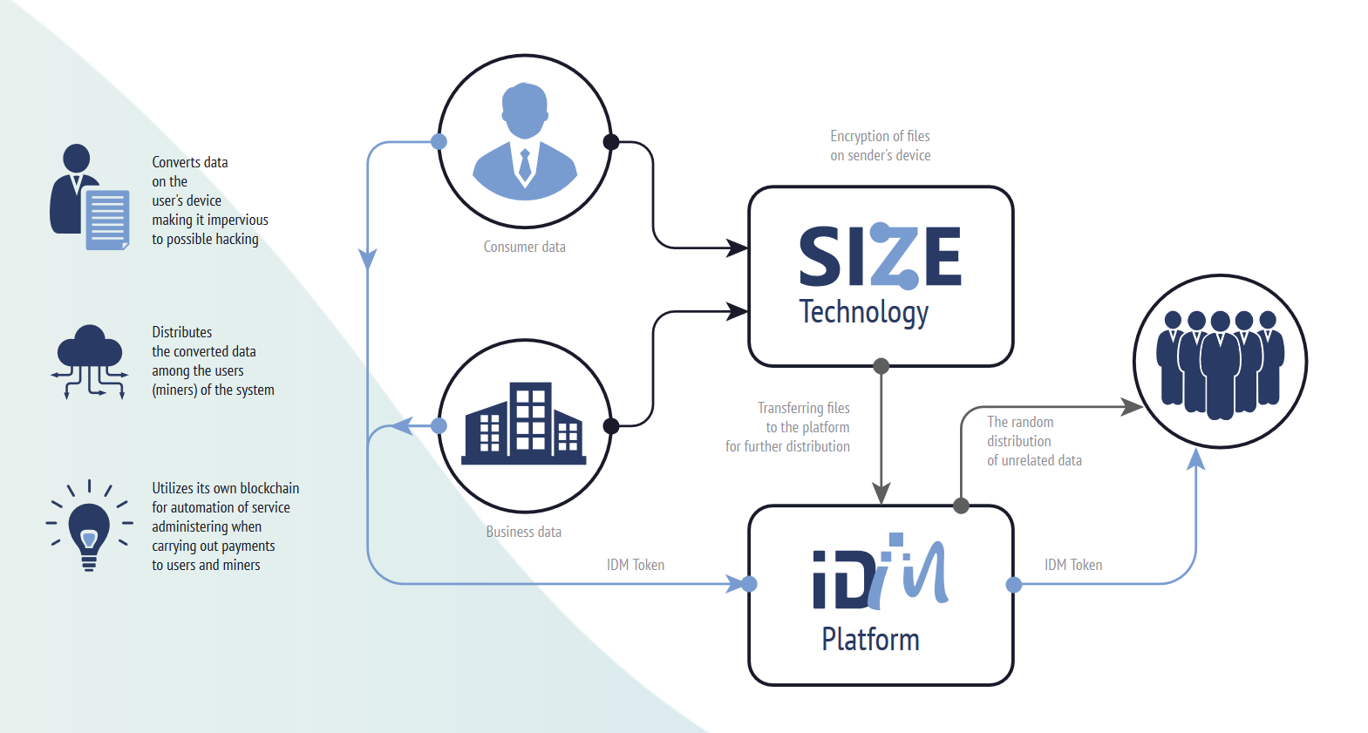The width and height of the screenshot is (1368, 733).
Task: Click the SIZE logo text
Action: pyautogui.click(x=880, y=255)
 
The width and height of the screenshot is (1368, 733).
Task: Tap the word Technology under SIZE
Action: pyautogui.click(x=863, y=313)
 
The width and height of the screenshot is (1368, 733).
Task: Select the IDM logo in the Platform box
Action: pyautogui.click(x=880, y=571)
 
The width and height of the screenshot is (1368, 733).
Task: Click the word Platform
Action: pyautogui.click(x=870, y=639)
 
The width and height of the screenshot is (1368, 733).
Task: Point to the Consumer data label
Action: pyautogui.click(x=525, y=247)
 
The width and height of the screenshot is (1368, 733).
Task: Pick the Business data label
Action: pyautogui.click(x=523, y=532)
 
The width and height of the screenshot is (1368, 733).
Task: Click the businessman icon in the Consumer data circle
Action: pyautogui.click(x=525, y=141)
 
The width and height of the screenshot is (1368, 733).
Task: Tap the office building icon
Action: pyautogui.click(x=523, y=424)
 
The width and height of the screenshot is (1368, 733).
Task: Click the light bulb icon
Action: pyautogui.click(x=89, y=526)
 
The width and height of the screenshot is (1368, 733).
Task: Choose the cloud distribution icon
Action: pyautogui.click(x=89, y=362)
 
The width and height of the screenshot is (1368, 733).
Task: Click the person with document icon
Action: pyautogui.click(x=89, y=197)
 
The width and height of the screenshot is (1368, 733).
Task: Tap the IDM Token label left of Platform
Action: pyautogui.click(x=635, y=565)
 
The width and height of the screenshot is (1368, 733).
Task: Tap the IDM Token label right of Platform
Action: pyautogui.click(x=1073, y=565)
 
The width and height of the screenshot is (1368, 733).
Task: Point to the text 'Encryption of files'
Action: pyautogui.click(x=880, y=136)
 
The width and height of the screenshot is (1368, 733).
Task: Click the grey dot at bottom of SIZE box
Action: pyautogui.click(x=881, y=366)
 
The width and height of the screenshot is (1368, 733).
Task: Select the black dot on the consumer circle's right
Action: pyautogui.click(x=610, y=142)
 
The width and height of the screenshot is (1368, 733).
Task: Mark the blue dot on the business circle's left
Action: pyautogui.click(x=439, y=426)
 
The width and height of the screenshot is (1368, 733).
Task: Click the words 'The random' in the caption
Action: pyautogui.click(x=1020, y=422)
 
